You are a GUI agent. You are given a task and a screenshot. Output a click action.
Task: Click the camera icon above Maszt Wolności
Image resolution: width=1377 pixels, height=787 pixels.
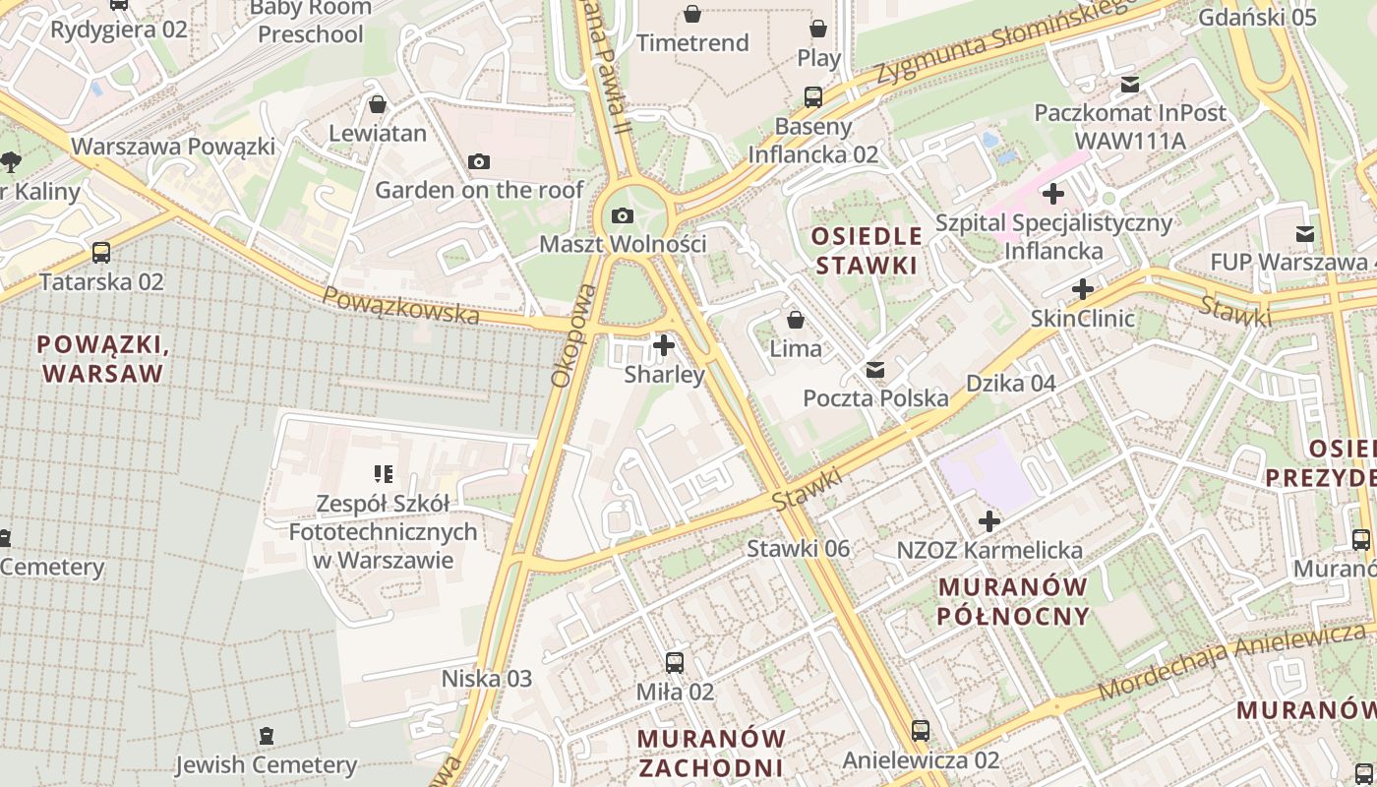coord(623,215)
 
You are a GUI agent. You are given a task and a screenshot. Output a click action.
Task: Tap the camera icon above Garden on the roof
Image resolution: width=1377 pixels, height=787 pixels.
coord(479,161)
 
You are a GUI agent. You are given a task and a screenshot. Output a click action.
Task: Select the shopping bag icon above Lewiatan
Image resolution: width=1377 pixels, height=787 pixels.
coord(378,104)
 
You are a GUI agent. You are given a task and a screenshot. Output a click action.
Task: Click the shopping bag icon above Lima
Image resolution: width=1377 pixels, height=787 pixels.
coord(795,320)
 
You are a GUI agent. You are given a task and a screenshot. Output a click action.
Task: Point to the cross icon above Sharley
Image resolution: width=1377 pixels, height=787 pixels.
coord(664,345)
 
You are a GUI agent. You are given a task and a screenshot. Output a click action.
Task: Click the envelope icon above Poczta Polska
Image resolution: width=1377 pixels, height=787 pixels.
coord(874,370)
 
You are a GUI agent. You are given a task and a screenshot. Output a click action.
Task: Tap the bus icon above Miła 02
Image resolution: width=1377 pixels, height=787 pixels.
coord(675,663)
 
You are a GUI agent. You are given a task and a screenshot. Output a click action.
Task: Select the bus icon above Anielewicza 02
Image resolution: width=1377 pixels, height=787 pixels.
coord(920,731)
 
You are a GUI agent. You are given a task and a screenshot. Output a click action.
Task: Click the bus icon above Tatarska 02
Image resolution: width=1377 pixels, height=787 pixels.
coord(101,253)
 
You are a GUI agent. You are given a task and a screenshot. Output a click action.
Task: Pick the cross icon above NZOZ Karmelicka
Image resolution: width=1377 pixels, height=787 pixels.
coord(989,521)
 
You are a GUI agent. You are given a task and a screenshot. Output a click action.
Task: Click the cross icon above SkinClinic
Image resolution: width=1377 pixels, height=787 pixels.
coord(1083,289)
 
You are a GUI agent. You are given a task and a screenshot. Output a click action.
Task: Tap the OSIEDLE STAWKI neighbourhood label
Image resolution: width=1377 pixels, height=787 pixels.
coord(867,251)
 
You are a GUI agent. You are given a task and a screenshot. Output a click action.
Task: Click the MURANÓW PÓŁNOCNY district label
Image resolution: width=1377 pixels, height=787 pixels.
coord(1014,601)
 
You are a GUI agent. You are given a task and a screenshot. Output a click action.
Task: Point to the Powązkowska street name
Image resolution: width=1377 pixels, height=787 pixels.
coord(401,307)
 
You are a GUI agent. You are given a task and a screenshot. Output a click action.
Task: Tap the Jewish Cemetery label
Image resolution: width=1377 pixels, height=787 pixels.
coord(266,764)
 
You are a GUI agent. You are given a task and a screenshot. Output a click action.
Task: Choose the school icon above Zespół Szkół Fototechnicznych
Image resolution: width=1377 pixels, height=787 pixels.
coord(384,474)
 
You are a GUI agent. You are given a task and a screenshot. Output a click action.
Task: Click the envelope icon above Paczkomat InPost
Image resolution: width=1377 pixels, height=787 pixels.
coord(1129,85)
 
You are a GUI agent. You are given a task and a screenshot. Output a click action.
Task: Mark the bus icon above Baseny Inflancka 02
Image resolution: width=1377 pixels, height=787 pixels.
coord(813,97)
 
